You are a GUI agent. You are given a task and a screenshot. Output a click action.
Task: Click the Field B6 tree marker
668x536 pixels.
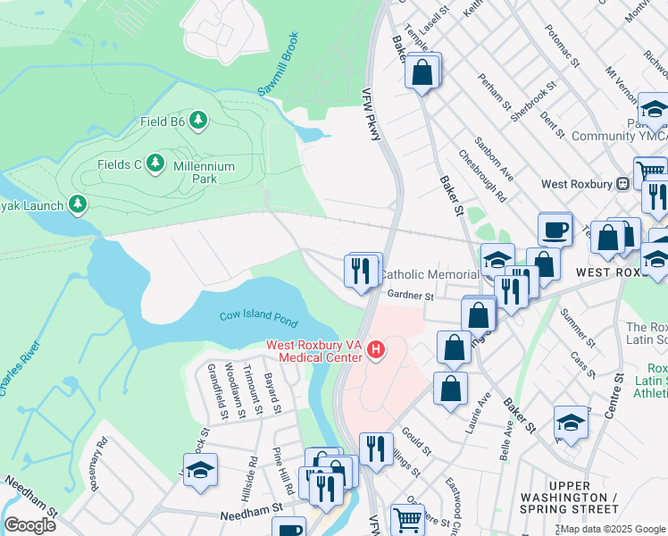(197, 120)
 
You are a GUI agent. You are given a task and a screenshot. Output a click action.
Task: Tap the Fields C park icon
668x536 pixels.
(156, 163)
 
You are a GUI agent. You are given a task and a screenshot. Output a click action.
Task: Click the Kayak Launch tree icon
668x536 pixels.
(78, 205)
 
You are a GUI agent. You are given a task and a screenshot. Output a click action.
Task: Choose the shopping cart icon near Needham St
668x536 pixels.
(407, 518)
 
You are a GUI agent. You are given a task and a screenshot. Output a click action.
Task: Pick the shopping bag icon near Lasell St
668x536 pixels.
(422, 70)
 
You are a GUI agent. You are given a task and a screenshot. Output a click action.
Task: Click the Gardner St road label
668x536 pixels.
(410, 297)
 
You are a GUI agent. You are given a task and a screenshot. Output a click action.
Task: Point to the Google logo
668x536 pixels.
(29, 524)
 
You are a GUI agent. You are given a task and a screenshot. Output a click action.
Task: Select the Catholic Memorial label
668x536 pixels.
(430, 274)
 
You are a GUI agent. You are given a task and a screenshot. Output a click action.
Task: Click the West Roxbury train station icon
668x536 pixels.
(624, 184)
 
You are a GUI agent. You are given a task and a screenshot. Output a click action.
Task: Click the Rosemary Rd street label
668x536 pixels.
(98, 463)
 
